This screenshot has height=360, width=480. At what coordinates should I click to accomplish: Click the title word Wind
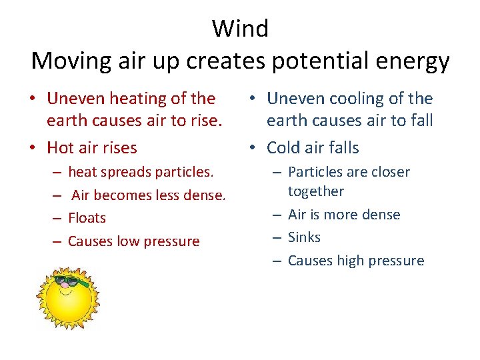(240, 29)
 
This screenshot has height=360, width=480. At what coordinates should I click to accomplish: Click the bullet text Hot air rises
(91, 147)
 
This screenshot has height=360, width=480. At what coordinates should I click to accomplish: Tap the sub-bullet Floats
(87, 218)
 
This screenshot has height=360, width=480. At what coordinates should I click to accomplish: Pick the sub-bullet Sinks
(304, 237)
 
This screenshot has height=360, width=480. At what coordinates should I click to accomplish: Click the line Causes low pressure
(133, 241)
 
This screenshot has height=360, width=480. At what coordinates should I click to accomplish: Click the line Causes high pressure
(355, 261)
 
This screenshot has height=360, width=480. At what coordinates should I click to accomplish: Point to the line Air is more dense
(343, 215)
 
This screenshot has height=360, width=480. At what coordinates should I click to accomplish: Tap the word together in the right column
(315, 191)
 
